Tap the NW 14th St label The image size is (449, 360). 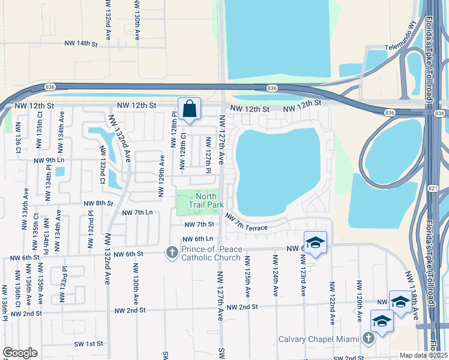pyautogui.click(x=81, y=43)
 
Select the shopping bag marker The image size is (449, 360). pyautogui.click(x=189, y=109)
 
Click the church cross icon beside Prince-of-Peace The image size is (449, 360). pyautogui.click(x=172, y=252)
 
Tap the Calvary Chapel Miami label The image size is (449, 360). pyautogui.click(x=318, y=338)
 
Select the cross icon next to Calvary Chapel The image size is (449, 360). pyautogui.click(x=368, y=338)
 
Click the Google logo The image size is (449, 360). pyautogui.click(x=20, y=353)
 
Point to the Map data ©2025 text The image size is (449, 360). pyautogui.click(x=424, y=355)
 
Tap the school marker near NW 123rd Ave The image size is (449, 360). pyautogui.click(x=315, y=242)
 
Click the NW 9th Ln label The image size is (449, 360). pyautogui.click(x=49, y=160)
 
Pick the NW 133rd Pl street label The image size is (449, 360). pyautogui.click(x=62, y=278)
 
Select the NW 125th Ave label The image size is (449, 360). pyautogui.click(x=247, y=275)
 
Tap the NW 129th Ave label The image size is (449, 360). pyautogui.click(x=161, y=175)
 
